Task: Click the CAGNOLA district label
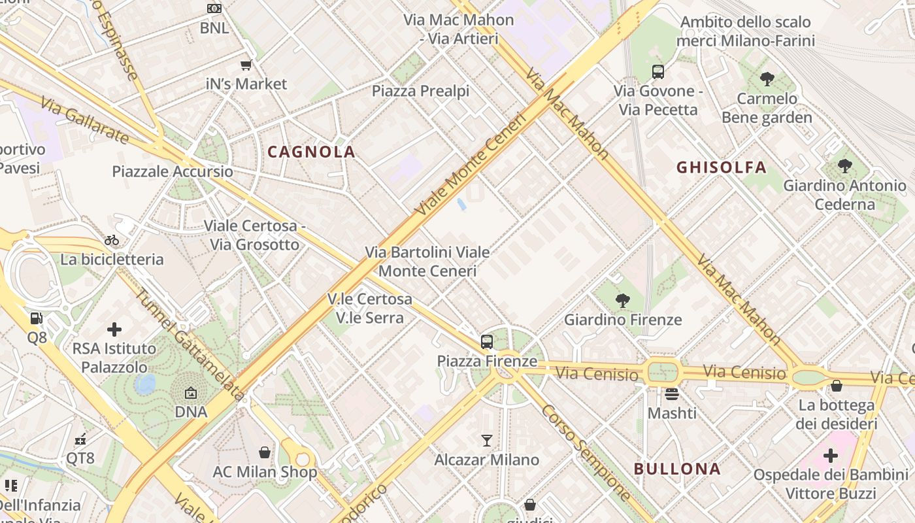[x=312, y=152]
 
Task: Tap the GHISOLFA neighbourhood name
[x=722, y=167]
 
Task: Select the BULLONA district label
[x=678, y=469]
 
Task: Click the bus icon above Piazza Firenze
[x=487, y=341]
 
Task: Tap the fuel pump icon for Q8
[x=37, y=318]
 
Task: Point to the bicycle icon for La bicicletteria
[x=112, y=240]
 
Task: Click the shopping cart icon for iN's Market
[x=246, y=65]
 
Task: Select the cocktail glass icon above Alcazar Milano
[x=487, y=440]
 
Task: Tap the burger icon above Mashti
[x=672, y=394]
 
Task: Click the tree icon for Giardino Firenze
[x=623, y=301]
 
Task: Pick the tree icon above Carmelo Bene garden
[x=767, y=79]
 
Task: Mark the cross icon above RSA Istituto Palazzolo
[x=114, y=329]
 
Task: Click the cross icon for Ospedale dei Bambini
[x=831, y=455]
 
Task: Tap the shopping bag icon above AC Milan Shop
[x=265, y=452]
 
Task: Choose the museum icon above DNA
[x=191, y=393]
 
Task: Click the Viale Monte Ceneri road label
[x=471, y=165]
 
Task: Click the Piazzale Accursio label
[x=173, y=171]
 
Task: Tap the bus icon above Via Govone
[x=658, y=72]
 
